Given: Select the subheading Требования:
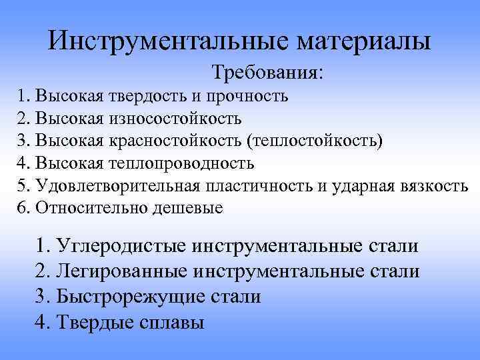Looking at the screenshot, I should click(x=268, y=71).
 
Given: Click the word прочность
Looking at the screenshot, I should click(x=247, y=97).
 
